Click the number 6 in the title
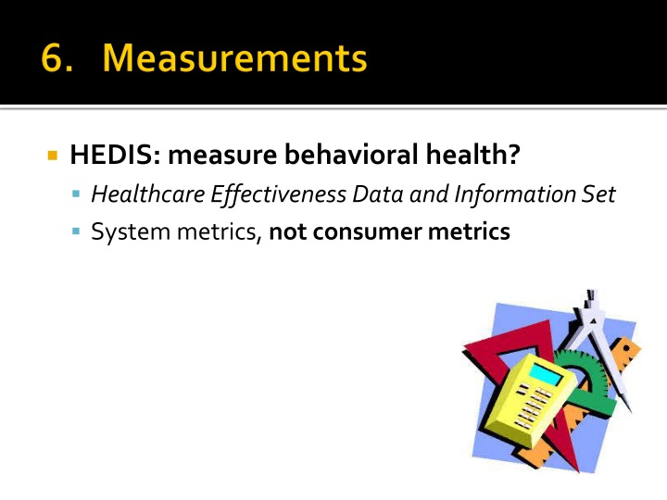point(53,57)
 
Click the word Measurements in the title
point(234,57)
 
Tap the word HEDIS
point(115,154)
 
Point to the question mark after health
point(514,154)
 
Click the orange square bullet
point(53,156)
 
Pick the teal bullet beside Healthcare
point(76,194)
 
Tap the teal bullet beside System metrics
point(76,231)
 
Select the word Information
point(515,194)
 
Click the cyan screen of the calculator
point(547,373)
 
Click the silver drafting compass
point(600,340)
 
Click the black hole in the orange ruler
point(625,348)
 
